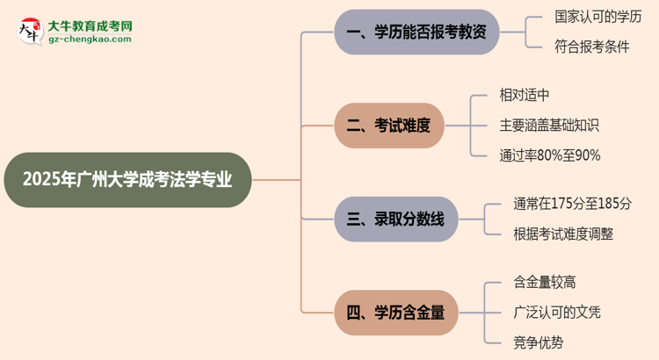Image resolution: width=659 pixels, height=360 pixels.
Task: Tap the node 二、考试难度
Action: tap(388, 125)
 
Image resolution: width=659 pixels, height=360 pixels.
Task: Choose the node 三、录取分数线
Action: tap(395, 220)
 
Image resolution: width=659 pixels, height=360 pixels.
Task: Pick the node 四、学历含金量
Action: tap(395, 312)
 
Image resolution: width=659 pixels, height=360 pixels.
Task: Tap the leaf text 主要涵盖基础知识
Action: tap(548, 125)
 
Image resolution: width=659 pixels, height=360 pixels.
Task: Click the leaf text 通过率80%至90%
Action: tap(549, 155)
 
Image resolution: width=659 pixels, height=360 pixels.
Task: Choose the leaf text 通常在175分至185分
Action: tap(572, 204)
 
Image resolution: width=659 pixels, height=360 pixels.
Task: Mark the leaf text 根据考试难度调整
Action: tap(564, 234)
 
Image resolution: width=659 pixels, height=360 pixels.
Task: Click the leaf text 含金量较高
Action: tap(545, 282)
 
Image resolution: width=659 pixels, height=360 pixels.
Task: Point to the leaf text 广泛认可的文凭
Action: tap(557, 312)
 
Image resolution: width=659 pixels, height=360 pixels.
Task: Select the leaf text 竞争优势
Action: tap(537, 342)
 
